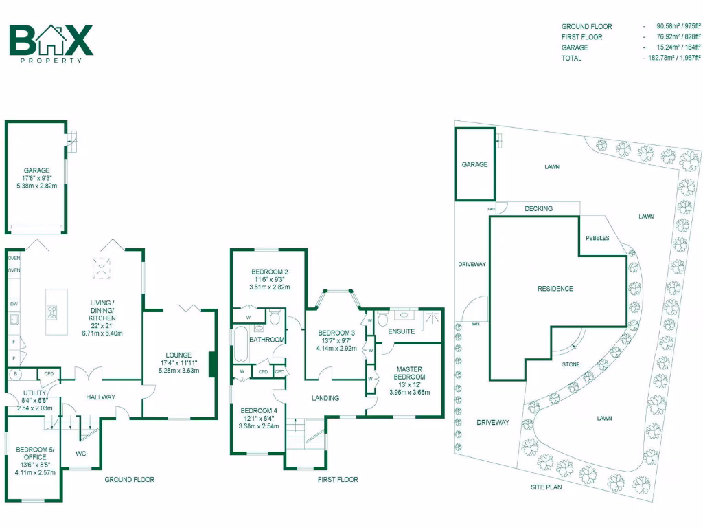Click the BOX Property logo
click(x=51, y=43)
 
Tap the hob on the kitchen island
click(x=51, y=312)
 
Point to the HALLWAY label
click(x=100, y=397)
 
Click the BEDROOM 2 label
click(x=268, y=271)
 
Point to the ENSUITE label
click(x=401, y=331)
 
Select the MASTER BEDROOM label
click(x=411, y=373)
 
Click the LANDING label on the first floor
click(x=326, y=397)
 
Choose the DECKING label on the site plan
click(x=538, y=208)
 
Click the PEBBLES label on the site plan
click(x=597, y=238)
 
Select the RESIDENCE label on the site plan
click(x=555, y=289)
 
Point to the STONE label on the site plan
click(x=571, y=364)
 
